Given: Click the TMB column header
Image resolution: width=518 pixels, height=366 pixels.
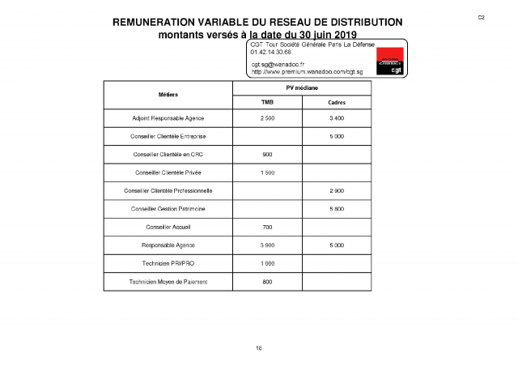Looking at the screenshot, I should click(x=267, y=102).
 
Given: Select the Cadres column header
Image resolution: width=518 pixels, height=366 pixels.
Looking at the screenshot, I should click(x=337, y=102).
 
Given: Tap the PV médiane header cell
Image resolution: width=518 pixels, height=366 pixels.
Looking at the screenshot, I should click(x=302, y=87).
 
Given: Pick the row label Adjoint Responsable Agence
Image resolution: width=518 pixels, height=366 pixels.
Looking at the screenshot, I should click(x=168, y=118).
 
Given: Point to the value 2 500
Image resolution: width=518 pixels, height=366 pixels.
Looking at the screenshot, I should click(x=267, y=118).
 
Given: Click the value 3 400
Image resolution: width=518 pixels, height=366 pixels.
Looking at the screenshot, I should click(x=337, y=118).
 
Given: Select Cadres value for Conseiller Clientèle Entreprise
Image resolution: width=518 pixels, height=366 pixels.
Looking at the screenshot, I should click(x=337, y=137).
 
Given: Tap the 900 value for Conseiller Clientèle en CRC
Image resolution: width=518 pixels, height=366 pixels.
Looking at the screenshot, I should click(x=267, y=155).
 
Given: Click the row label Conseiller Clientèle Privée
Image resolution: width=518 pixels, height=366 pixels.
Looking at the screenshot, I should click(x=168, y=172).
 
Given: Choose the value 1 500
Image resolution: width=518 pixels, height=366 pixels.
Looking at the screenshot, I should click(x=267, y=172).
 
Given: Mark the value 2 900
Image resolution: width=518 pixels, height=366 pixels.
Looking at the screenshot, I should click(x=337, y=191).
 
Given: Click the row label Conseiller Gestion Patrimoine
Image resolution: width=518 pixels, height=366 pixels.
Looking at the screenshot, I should click(x=168, y=209).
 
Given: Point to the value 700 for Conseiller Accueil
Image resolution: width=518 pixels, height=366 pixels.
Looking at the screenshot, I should click(x=267, y=227).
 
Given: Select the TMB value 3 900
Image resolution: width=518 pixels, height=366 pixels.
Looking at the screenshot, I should click(x=267, y=245).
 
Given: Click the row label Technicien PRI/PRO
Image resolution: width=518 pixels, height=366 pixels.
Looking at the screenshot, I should click(x=168, y=263).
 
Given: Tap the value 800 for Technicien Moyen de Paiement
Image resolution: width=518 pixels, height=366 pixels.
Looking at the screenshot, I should click(x=267, y=281).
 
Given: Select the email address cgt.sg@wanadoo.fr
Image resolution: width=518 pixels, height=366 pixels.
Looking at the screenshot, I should click(x=278, y=63).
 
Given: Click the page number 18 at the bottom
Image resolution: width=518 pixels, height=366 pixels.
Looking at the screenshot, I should click(x=259, y=347).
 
